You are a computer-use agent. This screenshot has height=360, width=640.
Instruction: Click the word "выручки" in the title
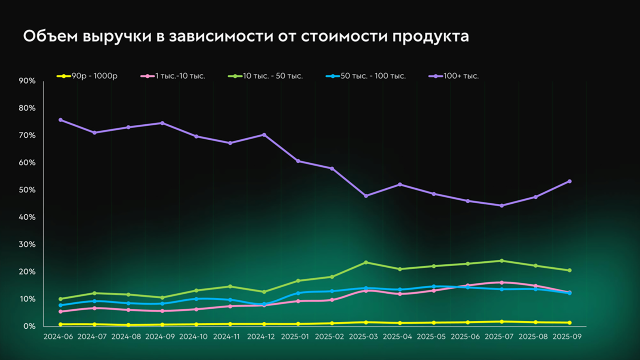(x=117, y=37)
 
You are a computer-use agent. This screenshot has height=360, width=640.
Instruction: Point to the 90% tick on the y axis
(x=27, y=81)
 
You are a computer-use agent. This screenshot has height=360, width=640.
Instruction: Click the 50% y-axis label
(x=27, y=190)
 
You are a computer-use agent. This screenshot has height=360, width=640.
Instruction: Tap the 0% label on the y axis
(x=29, y=326)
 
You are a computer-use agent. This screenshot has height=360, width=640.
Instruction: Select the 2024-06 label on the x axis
(x=58, y=337)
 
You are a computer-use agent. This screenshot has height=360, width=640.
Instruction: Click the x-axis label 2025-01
(x=295, y=337)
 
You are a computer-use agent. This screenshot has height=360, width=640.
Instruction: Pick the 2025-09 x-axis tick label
(x=567, y=337)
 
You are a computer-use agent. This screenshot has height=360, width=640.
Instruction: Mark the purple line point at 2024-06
(x=61, y=120)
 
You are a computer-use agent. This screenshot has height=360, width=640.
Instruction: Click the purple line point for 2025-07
(x=502, y=205)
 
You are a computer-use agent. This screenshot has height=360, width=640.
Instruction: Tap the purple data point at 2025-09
(x=569, y=181)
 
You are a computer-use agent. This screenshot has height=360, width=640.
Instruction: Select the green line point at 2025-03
(x=366, y=262)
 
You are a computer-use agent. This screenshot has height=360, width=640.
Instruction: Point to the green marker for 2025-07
(x=502, y=261)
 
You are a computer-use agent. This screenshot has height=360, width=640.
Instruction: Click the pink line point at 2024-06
(x=61, y=311)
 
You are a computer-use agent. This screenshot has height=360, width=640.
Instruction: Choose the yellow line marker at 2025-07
(x=502, y=322)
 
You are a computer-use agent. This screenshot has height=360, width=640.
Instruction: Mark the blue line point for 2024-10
(x=196, y=299)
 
